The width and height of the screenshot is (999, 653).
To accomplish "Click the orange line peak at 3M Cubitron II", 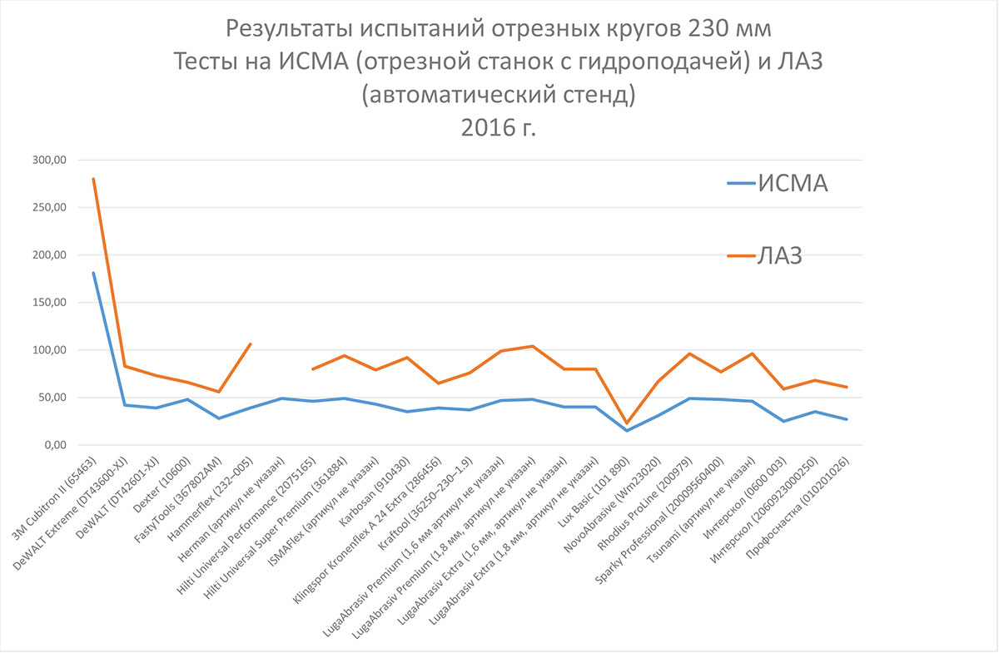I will click(x=93, y=179).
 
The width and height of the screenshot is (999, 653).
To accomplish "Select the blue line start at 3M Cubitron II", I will click(x=93, y=273).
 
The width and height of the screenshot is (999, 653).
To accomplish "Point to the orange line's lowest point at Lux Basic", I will click(x=627, y=423).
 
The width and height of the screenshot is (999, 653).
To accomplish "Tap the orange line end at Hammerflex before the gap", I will click(x=251, y=344).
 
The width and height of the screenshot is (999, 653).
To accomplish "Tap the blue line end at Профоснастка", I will click(x=847, y=419).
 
